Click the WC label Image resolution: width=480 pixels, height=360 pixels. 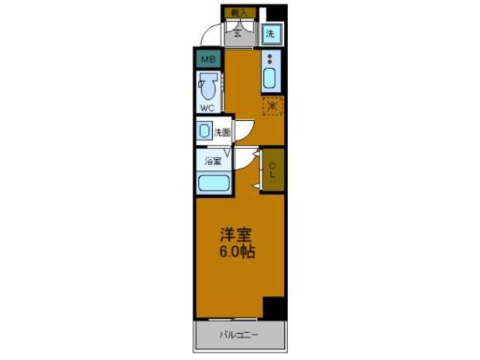[207, 108]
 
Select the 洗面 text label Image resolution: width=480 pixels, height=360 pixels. [222, 133]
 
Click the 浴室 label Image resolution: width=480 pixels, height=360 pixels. [213, 160]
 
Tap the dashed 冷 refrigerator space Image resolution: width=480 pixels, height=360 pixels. [272, 106]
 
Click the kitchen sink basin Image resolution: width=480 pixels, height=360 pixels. [271, 78]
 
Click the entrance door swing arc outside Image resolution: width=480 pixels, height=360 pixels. [212, 33]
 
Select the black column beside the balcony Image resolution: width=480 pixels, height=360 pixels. [274, 307]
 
